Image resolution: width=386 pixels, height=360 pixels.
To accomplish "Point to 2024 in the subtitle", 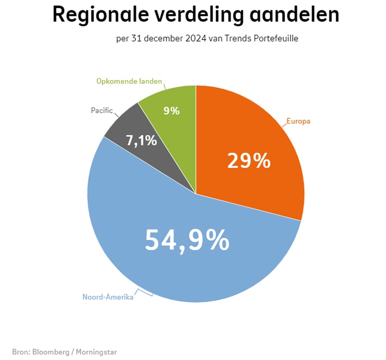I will pos(196,39).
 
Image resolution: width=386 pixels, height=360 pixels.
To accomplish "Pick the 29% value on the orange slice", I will pos(249,160).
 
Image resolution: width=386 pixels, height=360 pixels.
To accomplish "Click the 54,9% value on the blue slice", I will pos(187,240).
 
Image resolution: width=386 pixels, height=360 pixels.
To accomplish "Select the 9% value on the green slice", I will pos(171,110).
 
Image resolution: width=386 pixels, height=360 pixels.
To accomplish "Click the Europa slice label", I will pos(299,122).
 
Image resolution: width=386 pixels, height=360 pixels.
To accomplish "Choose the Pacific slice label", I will pos(101,110).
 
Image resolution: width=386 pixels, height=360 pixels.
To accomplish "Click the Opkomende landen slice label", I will pos(129,81).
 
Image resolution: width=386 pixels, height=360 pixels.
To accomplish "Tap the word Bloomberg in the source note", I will pos(54,352).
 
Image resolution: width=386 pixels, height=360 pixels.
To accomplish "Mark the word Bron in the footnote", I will pos(20,352).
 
